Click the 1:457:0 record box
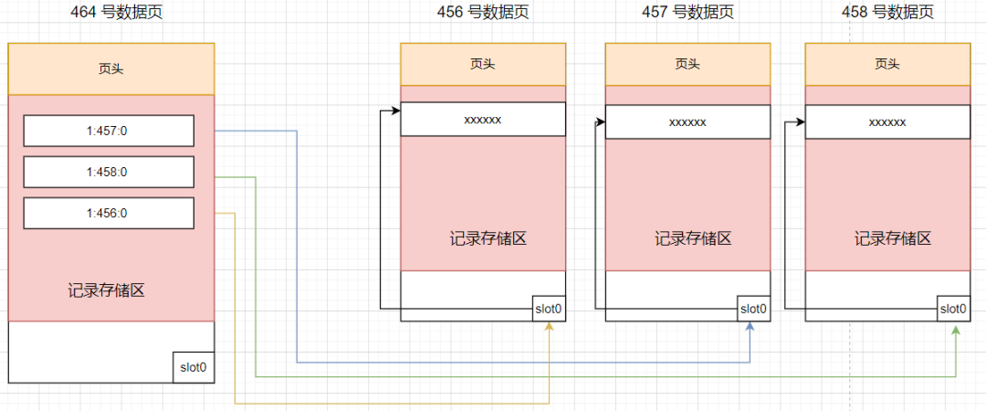pos(109,131)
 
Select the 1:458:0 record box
pos(109,172)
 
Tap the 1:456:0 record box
pos(109,213)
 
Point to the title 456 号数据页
pos(482,12)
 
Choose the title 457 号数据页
pos(687,12)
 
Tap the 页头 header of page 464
pos(110,68)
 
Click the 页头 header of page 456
pos(482,64)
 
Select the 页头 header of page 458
pos(886,64)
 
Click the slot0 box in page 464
pos(193,367)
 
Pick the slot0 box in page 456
pos(548,309)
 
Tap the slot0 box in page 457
pos(753,309)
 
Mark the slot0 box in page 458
pos(953,309)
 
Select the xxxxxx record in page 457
pos(687,121)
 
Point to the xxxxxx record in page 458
pos(886,121)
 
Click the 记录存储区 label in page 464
pos(107,291)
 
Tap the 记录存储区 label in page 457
pos(693,239)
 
